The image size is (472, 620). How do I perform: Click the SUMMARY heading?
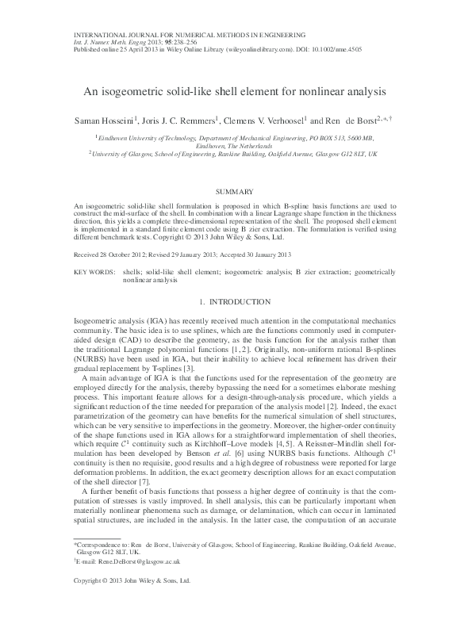[x=236, y=192]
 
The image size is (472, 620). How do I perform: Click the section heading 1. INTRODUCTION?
[x=236, y=301]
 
